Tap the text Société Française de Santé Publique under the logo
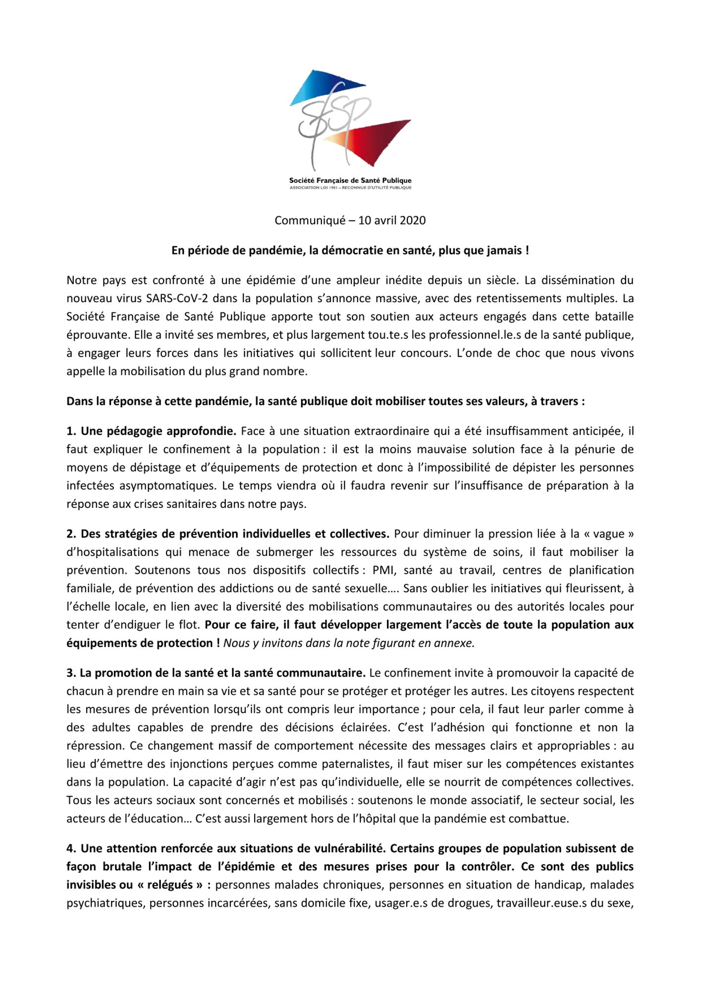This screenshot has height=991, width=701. pyautogui.click(x=350, y=180)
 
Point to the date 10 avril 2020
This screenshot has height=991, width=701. pyautogui.click(x=391, y=220)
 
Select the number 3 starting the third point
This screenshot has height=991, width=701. pyautogui.click(x=70, y=673)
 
